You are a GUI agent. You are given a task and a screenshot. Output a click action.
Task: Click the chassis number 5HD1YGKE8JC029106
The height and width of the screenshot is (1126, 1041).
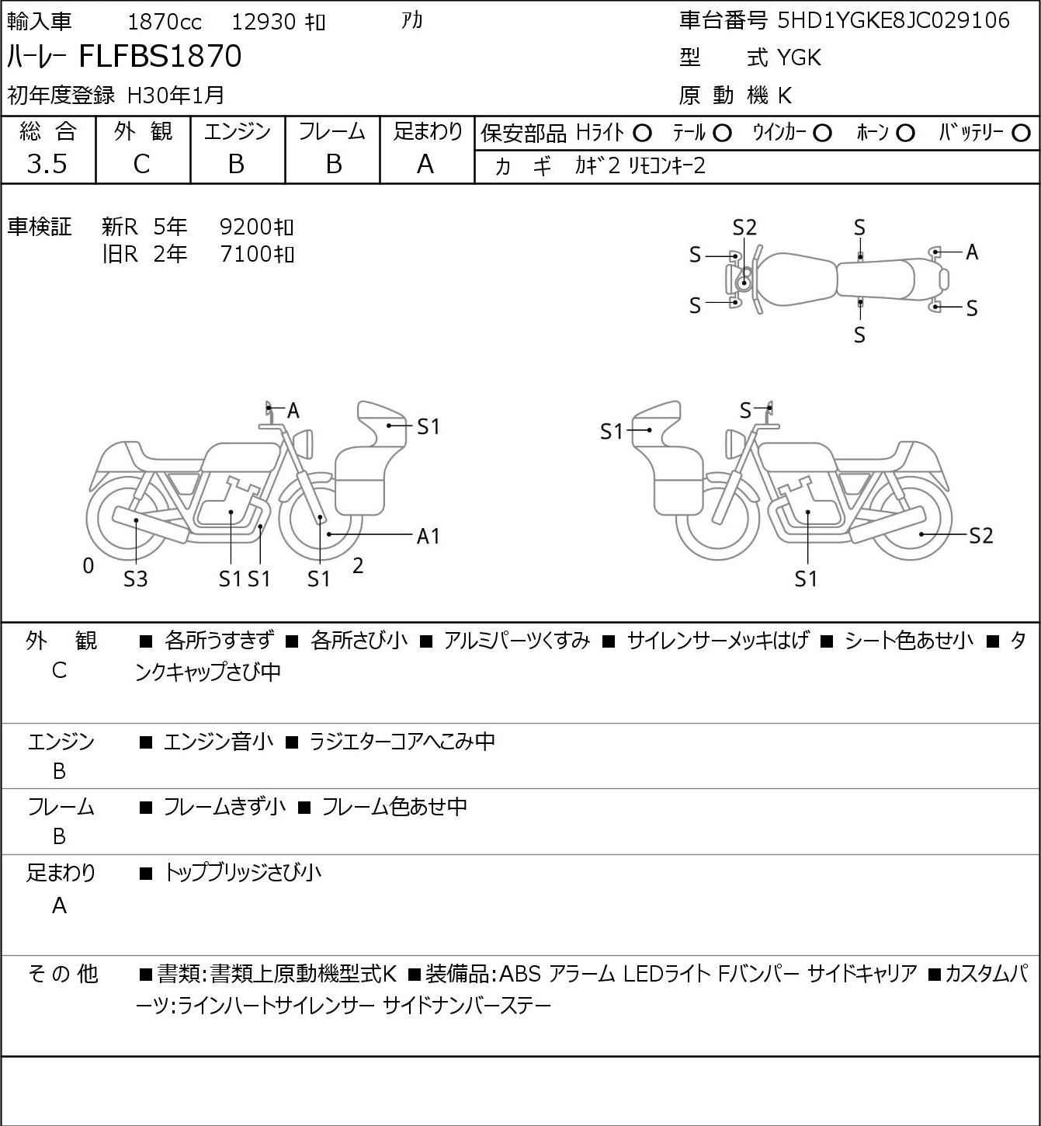894,20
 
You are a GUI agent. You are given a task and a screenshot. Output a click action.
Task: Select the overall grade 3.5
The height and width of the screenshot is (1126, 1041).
47,164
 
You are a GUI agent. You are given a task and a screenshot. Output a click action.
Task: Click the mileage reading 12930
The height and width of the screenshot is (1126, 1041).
264,22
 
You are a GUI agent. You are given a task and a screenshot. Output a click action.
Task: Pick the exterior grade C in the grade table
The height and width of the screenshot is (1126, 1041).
141,164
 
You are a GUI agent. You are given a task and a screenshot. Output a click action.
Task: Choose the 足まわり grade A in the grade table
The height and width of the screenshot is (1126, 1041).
425,164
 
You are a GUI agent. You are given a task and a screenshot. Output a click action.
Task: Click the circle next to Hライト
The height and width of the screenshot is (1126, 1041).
642,134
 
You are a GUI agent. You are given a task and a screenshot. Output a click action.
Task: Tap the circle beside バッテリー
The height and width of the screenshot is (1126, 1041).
1022,134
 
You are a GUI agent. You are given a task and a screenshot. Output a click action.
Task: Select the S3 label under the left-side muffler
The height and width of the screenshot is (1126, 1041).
136,579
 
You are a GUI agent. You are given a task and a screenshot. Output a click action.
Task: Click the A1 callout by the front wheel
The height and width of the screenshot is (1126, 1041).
428,536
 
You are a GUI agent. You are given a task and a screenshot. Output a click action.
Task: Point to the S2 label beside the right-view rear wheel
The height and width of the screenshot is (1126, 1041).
981,535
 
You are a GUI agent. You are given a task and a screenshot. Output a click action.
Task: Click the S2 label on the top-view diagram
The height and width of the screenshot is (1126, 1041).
744,228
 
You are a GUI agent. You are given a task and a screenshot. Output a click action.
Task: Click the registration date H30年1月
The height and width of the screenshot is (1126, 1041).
175,95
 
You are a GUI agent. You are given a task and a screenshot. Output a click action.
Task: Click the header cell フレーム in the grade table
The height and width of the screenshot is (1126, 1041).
332,132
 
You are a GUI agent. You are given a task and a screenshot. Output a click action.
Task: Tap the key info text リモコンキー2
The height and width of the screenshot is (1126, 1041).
667,166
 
